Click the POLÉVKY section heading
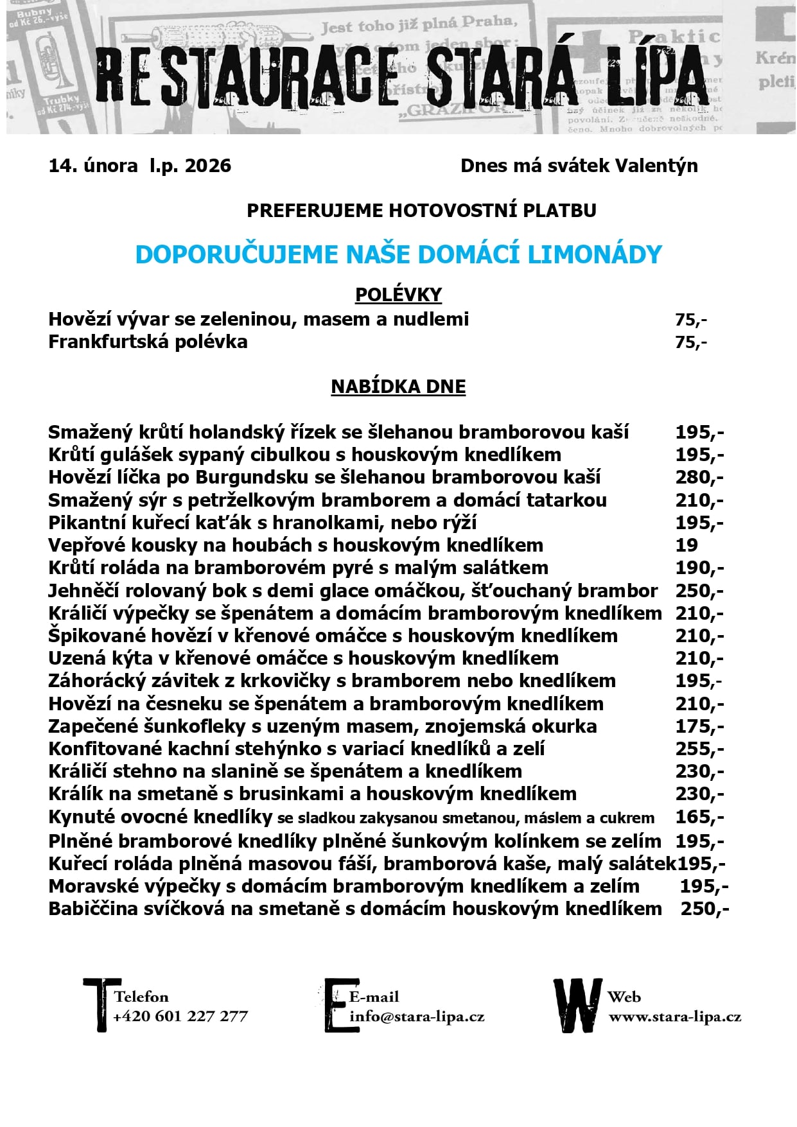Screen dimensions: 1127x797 click(398, 294)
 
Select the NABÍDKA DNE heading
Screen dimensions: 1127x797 click(398, 387)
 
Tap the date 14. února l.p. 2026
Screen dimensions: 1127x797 click(139, 166)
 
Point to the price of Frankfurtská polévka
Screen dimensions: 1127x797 click(690, 342)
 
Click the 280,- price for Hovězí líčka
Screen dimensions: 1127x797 click(699, 477)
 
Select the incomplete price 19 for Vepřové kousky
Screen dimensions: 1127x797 click(687, 545)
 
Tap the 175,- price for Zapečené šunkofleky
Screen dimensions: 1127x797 click(699, 726)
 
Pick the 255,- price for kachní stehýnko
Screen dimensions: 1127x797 click(699, 749)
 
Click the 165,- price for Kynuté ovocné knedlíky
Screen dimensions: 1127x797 click(699, 817)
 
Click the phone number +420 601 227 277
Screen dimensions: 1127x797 click(180, 1017)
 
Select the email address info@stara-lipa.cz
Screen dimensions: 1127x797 click(417, 1017)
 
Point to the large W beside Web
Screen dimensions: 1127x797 click(577, 1006)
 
